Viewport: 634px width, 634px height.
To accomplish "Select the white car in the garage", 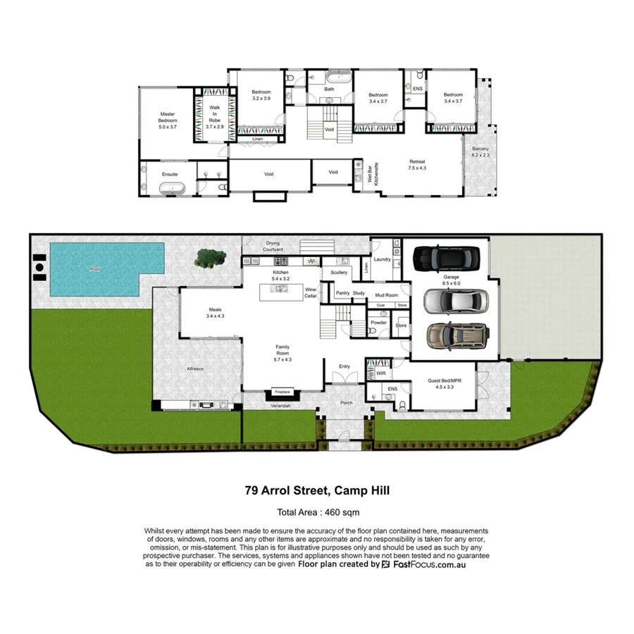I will [449, 301].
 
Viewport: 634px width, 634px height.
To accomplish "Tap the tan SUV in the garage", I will [456, 336].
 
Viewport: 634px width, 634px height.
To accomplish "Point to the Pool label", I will [95, 269].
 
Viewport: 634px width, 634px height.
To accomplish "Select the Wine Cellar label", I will [310, 292].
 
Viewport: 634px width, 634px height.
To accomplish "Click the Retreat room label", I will [418, 165].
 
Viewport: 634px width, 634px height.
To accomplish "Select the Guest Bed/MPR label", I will [443, 383].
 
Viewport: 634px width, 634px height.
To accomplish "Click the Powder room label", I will [378, 323].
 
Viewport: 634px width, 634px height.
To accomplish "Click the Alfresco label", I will [194, 368].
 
